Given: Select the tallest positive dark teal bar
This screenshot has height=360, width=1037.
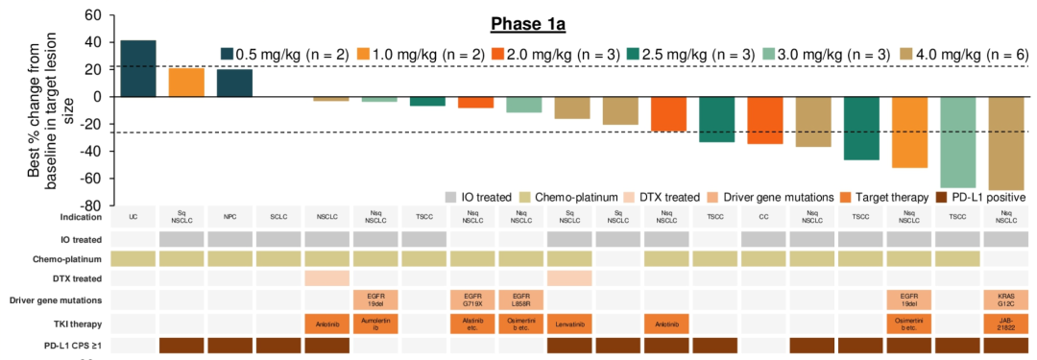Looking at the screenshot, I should point(138,68).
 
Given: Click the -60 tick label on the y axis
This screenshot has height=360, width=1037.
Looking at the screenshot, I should point(89,179).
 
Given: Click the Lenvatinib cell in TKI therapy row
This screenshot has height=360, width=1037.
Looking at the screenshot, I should point(570,324).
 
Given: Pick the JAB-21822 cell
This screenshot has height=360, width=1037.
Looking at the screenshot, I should point(1005,324).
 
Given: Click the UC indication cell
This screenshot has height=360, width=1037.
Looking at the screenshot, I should point(133,218).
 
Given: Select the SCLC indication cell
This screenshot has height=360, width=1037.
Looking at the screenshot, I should point(279,218).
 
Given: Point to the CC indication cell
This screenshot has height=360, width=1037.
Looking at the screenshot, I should point(763,218).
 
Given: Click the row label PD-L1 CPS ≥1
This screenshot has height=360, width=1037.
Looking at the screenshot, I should point(74,346).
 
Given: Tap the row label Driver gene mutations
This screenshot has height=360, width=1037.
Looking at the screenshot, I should point(58,300).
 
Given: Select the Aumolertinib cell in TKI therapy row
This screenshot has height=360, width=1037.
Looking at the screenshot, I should point(376,324).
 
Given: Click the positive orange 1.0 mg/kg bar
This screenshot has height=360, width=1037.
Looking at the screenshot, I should point(186,83).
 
